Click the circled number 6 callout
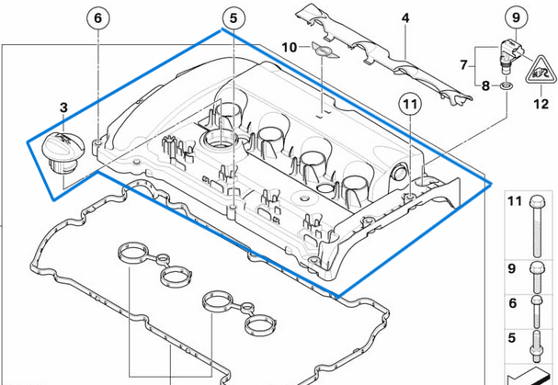[99, 17]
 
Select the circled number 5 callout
[233, 17]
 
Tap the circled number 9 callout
[515, 16]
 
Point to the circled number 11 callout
[408, 106]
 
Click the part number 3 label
[63, 108]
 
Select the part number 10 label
[288, 47]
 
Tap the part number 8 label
[486, 85]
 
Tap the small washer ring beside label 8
[506, 86]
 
